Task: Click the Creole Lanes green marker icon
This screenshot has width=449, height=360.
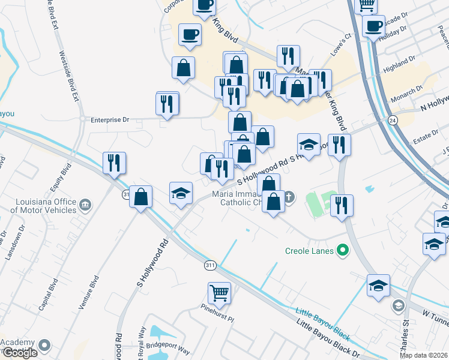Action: point(343,250)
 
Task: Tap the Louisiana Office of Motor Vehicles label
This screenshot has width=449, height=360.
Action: point(43,205)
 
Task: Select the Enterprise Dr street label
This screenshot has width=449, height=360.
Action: point(110,120)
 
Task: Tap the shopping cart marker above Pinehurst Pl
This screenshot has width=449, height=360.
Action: point(219,293)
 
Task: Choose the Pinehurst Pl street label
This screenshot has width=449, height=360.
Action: point(217,314)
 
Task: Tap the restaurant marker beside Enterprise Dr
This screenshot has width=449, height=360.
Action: point(167,104)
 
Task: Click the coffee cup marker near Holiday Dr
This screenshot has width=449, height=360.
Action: point(373,26)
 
